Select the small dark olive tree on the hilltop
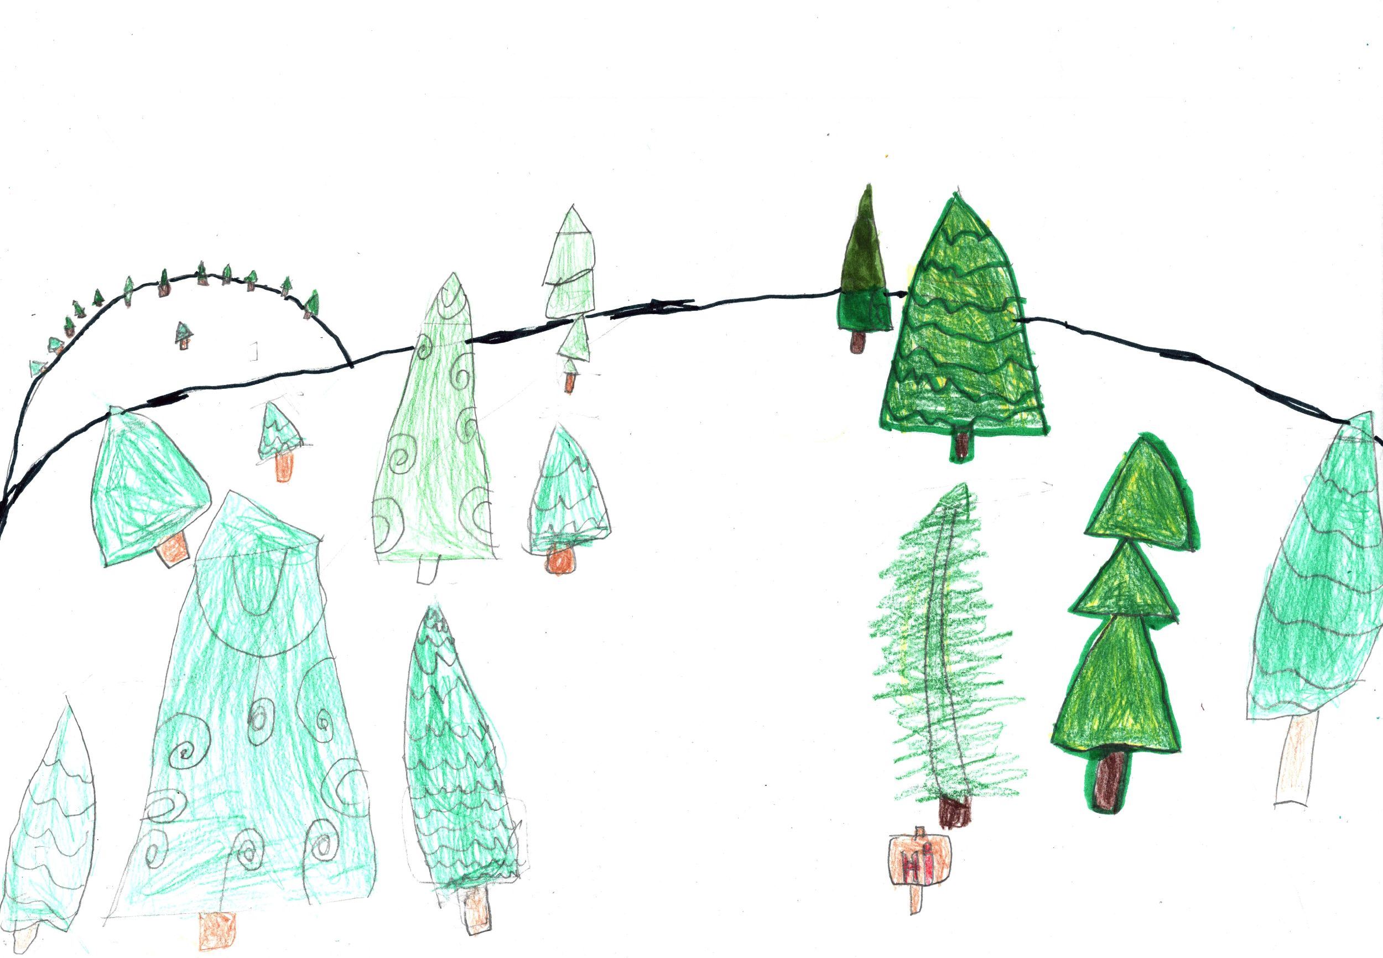pos(862,269)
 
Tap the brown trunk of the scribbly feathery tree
pos(955,811)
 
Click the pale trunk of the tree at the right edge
pos(1293,759)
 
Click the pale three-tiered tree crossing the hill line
pos(569,294)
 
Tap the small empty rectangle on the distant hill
pos(254,351)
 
